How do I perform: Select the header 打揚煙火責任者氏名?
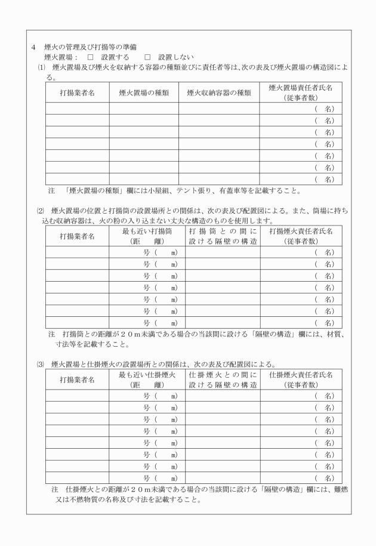point(301,231)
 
